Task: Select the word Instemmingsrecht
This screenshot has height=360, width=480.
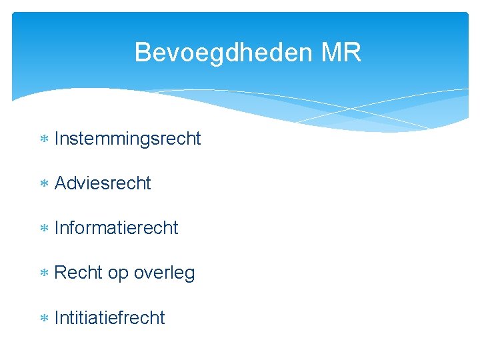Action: click(127, 139)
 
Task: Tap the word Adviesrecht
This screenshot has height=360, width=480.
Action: click(103, 183)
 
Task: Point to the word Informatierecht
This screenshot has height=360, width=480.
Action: click(116, 228)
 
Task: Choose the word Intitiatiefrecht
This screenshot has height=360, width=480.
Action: click(109, 317)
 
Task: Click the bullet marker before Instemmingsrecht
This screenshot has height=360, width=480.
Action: click(44, 139)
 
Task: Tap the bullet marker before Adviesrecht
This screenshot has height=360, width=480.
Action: click(44, 184)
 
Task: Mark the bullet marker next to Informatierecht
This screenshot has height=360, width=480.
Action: click(44, 229)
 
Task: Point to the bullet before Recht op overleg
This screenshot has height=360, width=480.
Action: click(44, 273)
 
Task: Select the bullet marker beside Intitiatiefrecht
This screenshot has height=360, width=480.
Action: click(44, 318)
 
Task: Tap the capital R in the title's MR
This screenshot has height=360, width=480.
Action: click(353, 52)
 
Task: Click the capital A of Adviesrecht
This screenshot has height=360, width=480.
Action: click(61, 183)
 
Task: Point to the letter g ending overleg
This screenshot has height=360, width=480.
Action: click(189, 275)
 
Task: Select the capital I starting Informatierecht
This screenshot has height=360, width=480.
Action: click(57, 228)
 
